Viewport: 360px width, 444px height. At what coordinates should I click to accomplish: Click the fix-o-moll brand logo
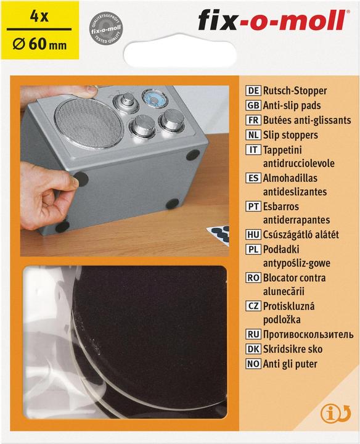point(271,21)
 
